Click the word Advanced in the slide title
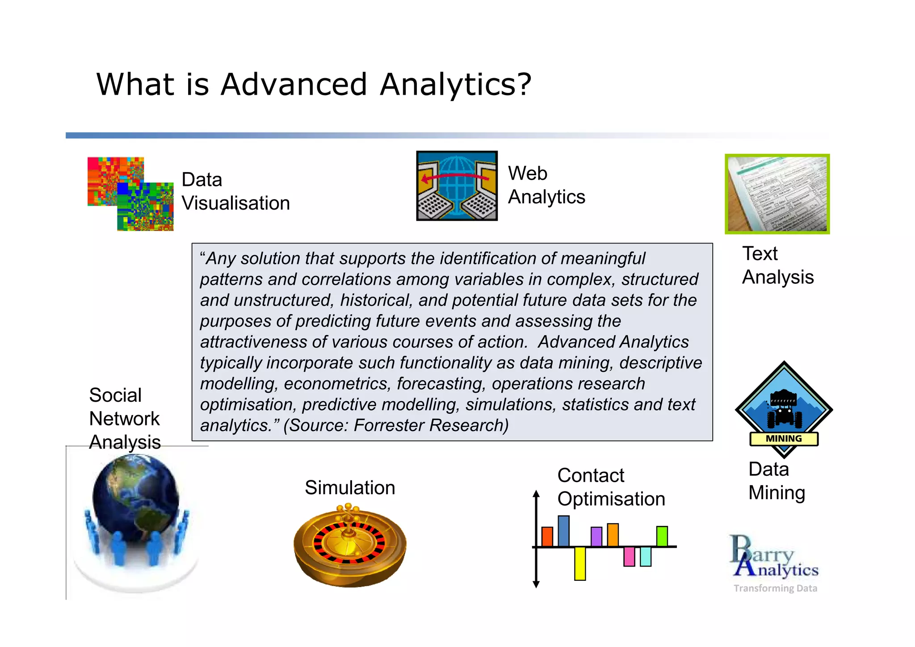294,84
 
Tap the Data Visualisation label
235,191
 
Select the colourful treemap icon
130,193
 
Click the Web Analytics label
546,185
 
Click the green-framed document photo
777,194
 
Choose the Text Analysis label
777,265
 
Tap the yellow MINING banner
784,439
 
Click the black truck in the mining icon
784,408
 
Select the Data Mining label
776,481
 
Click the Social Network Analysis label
125,419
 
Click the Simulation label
350,487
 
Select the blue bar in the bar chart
563,531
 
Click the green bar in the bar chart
662,536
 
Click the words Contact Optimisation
611,487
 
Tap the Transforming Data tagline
775,588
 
